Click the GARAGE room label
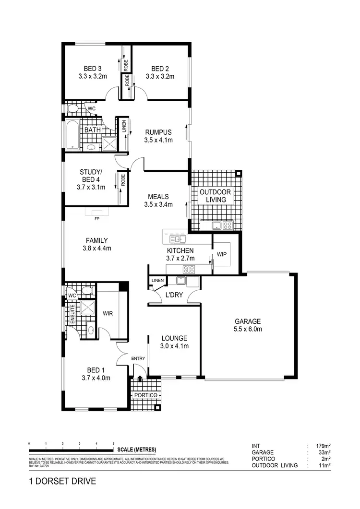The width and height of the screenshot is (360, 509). click(x=248, y=321)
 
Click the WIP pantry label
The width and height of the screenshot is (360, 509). click(x=222, y=254)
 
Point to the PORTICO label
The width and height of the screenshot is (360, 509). click(x=146, y=395)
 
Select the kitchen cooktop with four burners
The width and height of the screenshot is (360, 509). click(x=189, y=269)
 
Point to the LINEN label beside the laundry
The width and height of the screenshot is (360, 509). click(x=157, y=281)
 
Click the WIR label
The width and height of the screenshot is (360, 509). click(x=108, y=313)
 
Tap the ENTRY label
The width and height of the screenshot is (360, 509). click(x=138, y=358)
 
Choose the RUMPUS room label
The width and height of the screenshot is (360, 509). click(x=158, y=132)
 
